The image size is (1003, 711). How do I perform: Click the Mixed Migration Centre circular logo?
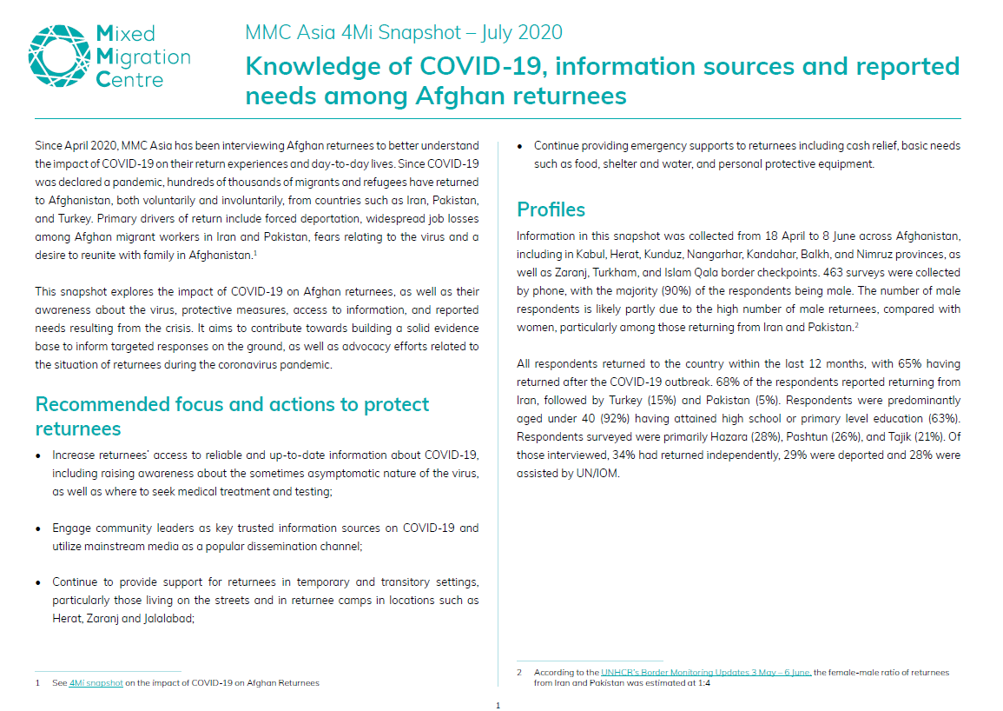point(60,55)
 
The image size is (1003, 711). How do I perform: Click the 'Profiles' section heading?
point(551,209)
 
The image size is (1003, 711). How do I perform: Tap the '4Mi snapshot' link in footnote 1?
point(96,683)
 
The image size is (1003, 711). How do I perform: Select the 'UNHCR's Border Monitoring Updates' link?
point(705,673)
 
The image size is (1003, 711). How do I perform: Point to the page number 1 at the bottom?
point(498,706)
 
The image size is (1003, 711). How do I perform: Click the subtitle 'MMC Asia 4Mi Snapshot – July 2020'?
point(404,33)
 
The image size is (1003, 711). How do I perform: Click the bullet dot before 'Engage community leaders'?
point(39,528)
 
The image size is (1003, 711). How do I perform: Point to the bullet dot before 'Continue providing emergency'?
point(521,146)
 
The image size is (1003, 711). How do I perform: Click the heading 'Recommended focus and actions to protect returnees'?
point(232,416)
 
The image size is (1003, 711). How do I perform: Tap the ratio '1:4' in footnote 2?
point(704,683)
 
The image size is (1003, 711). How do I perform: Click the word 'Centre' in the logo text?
point(129,79)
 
